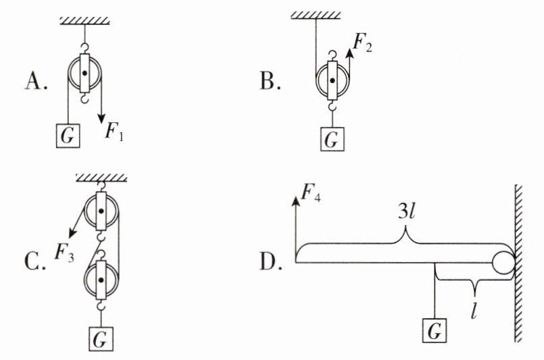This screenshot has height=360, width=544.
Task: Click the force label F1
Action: pyautogui.click(x=115, y=128)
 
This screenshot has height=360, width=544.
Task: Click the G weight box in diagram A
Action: pyautogui.click(x=68, y=136)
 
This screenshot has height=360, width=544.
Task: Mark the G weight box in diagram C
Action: pyautogui.click(x=101, y=336)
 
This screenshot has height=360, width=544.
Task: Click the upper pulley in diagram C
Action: pyautogui.click(x=101, y=212)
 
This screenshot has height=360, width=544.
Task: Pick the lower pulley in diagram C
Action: pyautogui.click(x=101, y=280)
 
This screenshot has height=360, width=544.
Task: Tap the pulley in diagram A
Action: pyautogui.click(x=84, y=72)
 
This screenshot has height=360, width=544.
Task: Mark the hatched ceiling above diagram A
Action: pyautogui.click(x=84, y=18)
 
